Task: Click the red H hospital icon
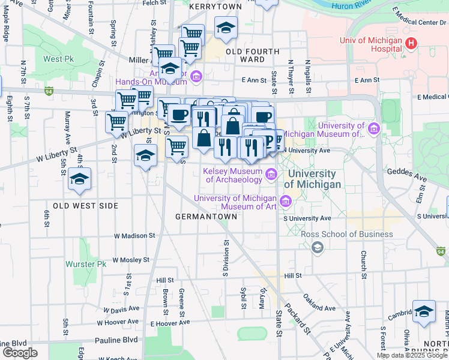point(411,43)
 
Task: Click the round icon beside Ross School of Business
point(318,247)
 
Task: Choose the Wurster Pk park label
point(86,264)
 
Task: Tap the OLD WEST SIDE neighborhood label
point(86,205)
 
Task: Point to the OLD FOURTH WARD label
point(252,55)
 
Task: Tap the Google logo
point(20,353)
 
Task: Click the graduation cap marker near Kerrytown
point(226,28)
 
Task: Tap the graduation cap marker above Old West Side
point(79,179)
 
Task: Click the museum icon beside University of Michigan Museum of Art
point(286,201)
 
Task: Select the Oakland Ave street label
point(319,303)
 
